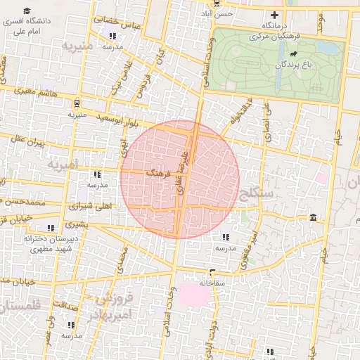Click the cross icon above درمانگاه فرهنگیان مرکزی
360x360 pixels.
(x=275, y=15)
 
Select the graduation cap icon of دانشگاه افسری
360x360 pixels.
(x=27, y=11)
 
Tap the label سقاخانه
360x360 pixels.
(x=196, y=282)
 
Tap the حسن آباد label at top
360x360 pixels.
(x=215, y=13)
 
